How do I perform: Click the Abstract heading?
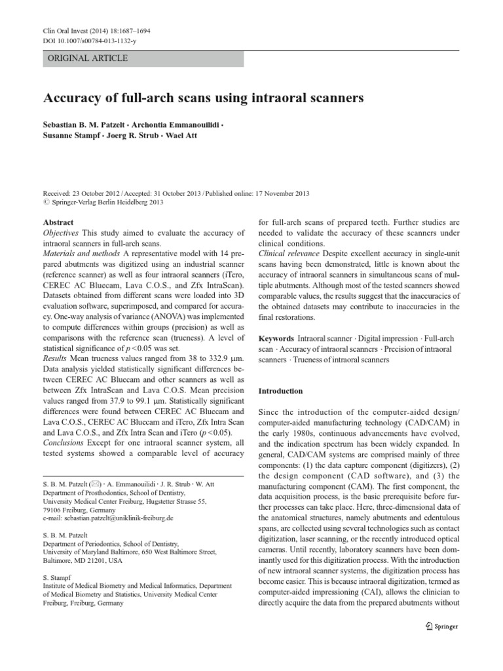pyautogui.click(x=58, y=222)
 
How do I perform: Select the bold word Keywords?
pyautogui.click(x=276, y=339)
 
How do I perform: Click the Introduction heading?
pyautogui.click(x=280, y=391)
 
